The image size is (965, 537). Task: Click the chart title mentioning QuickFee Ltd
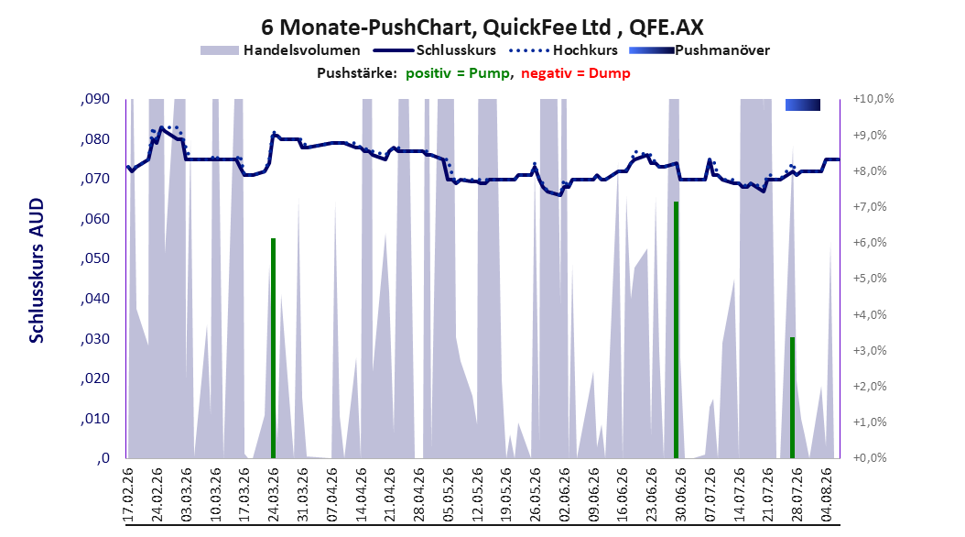482,27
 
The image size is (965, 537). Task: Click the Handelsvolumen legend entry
280,50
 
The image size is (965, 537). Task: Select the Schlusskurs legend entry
435,50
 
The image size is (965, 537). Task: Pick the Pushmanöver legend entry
699,50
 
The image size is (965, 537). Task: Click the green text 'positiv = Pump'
457,73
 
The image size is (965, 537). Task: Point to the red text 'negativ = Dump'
576,73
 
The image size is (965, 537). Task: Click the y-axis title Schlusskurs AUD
37,270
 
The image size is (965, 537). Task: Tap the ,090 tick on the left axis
95,99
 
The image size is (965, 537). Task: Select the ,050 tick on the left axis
95,258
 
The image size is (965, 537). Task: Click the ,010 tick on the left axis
95,419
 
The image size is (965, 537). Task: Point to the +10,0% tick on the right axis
873,99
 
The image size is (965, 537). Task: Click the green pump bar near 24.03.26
273,348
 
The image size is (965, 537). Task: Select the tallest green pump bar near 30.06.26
676,330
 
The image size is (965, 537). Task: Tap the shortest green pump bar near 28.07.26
793,398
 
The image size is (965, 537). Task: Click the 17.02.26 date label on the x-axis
128,495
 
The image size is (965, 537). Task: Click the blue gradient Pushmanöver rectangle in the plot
803,105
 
